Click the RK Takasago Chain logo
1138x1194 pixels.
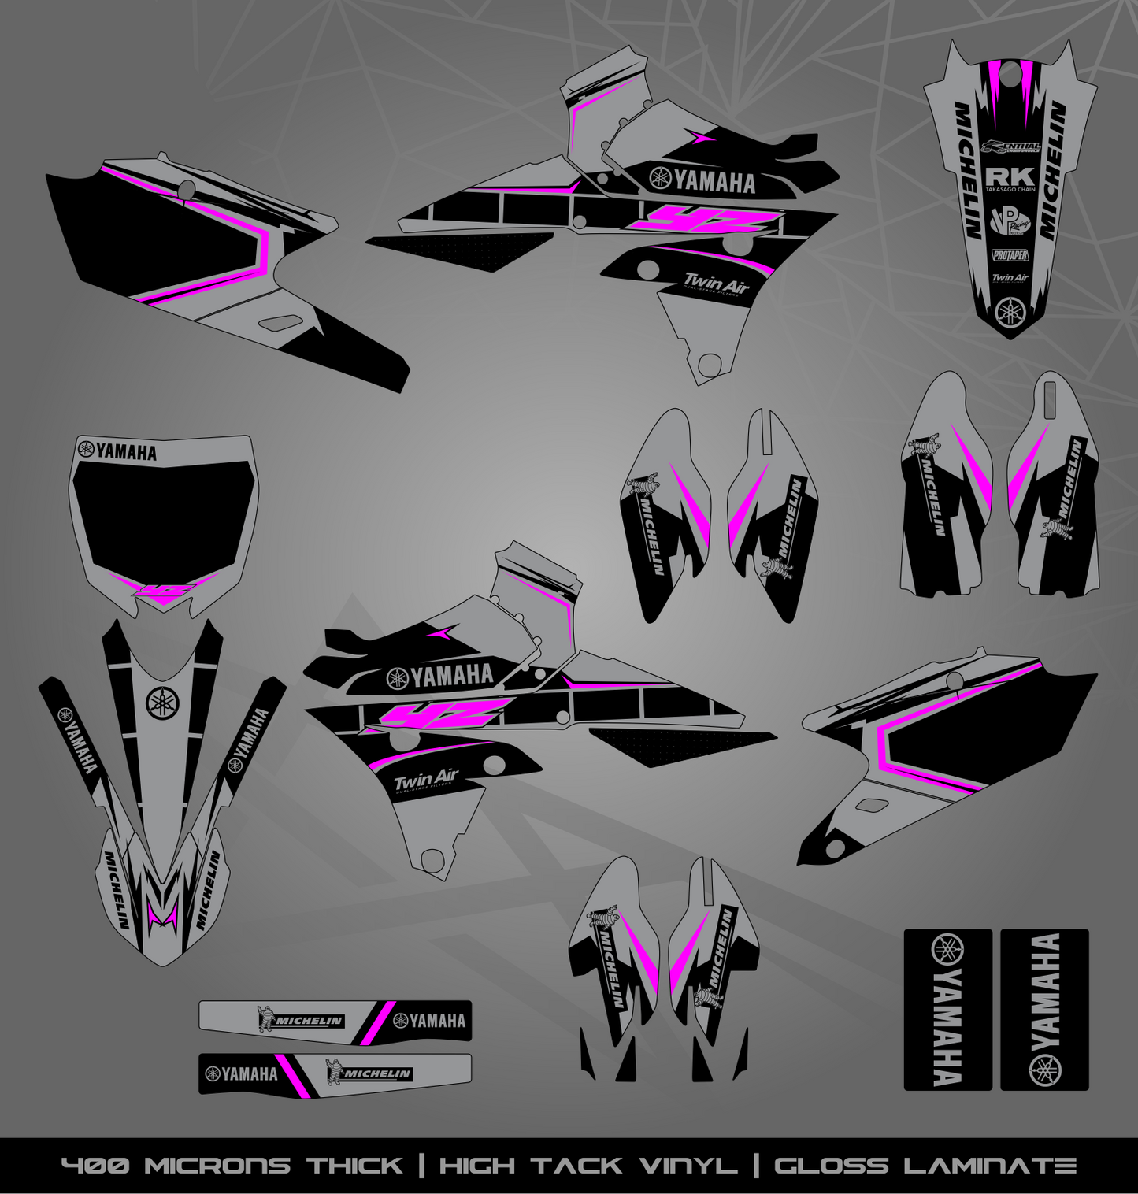coord(1010,179)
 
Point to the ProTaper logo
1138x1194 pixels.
coord(1010,255)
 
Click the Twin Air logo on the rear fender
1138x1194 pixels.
coord(1010,277)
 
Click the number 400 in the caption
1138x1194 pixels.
coord(97,1166)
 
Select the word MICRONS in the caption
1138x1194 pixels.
coord(217,1166)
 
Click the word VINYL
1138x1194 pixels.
coord(692,1166)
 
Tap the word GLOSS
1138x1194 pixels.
coord(830,1166)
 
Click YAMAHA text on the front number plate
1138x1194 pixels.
coord(126,452)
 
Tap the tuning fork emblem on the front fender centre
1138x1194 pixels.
coord(162,703)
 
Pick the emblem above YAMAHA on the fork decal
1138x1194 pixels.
coord(947,950)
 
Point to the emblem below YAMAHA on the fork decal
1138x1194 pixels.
coord(1045,1069)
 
